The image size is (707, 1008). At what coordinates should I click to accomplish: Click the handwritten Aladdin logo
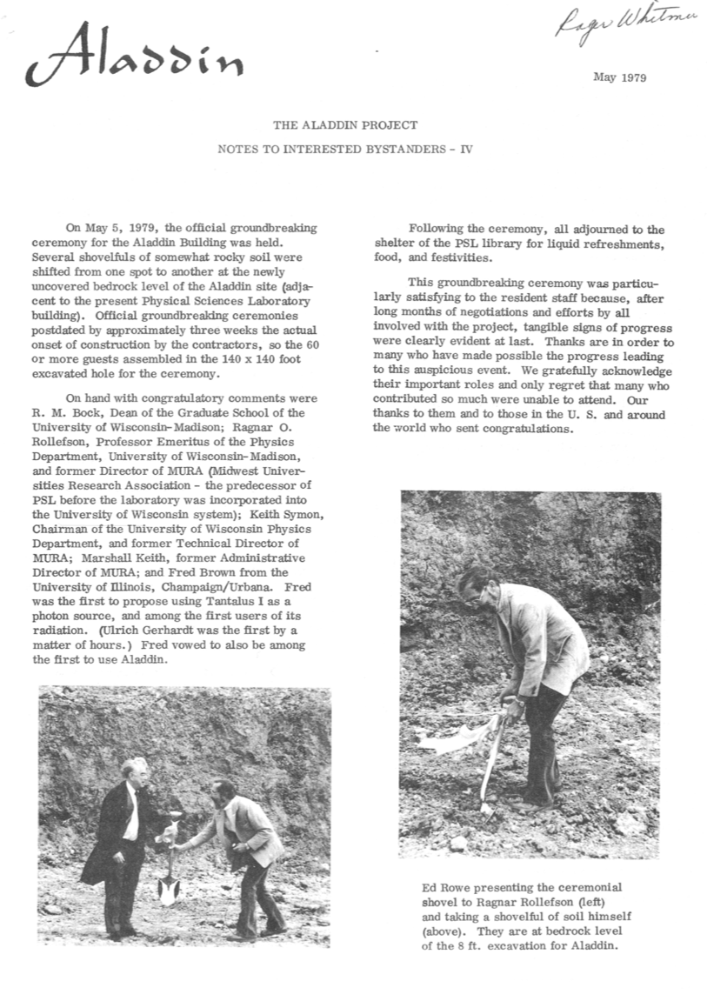[135, 57]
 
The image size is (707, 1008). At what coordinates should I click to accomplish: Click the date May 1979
[619, 77]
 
